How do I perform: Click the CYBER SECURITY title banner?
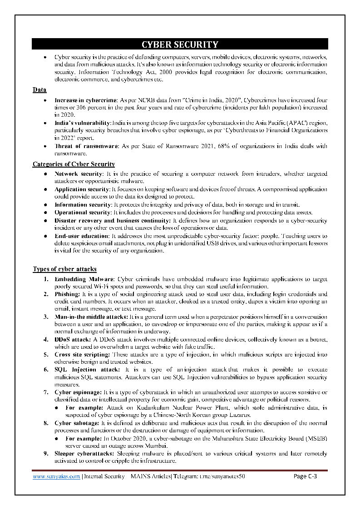point(180,44)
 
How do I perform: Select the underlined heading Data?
point(39,90)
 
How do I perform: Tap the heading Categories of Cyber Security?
point(74,164)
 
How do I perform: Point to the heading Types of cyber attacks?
point(64,269)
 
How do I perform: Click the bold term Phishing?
point(67,294)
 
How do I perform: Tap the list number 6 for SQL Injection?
point(46,370)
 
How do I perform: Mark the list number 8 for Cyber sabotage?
point(46,423)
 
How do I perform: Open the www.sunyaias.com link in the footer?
point(56,476)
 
